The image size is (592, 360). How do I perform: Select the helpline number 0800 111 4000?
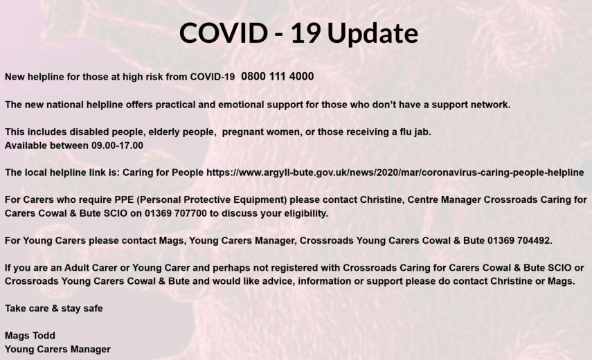coord(278,76)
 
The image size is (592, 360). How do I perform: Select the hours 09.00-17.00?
coord(118,145)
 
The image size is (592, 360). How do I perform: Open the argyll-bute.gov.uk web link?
coord(395,173)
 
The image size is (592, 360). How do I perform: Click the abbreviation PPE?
coord(125,199)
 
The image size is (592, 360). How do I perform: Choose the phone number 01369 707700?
coord(176,214)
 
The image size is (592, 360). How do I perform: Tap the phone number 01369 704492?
coord(519,241)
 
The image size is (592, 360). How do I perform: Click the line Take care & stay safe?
coord(53,309)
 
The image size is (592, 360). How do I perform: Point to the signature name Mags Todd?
coord(30,336)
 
